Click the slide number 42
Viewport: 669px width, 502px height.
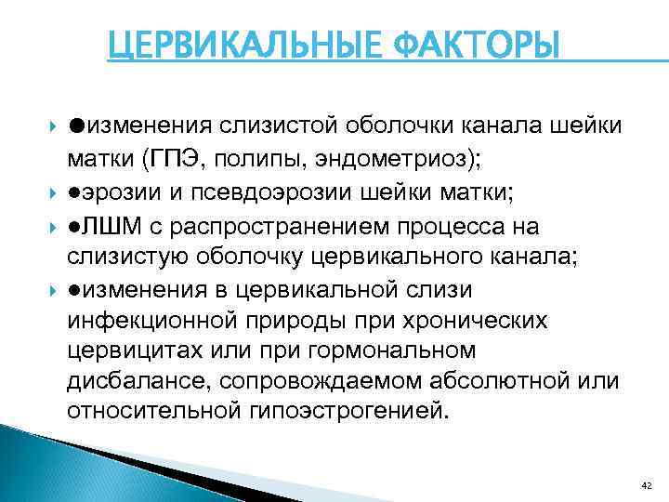pyautogui.click(x=647, y=484)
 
